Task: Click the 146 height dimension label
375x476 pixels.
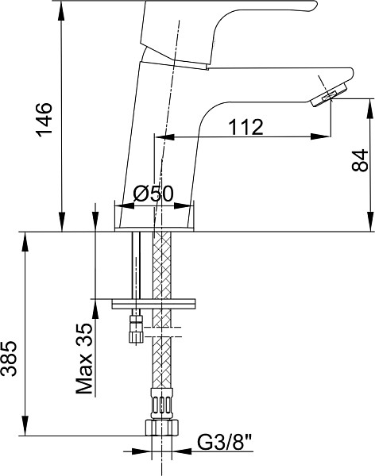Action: pos(44,120)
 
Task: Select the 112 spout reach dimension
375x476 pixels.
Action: pos(245,127)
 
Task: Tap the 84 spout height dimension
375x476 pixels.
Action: pos(360,160)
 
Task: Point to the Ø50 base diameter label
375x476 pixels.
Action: pos(153,194)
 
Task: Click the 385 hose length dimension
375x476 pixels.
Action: pos(9,359)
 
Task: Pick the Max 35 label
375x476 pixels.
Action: pos(84,359)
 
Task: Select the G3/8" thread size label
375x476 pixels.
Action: pos(225,443)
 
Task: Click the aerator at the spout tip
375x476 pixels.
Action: pos(329,95)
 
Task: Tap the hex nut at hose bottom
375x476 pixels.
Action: pos(162,428)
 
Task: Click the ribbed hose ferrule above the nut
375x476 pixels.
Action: pos(162,404)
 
